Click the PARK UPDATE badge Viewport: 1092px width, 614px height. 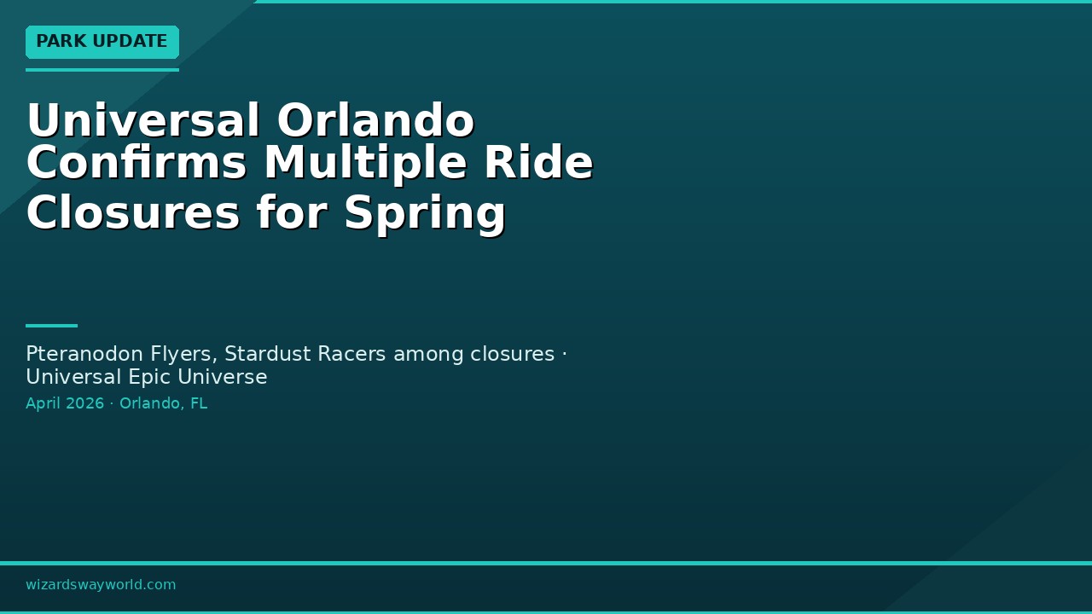102,42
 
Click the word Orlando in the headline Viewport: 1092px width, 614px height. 375,120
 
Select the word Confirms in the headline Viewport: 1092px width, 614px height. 136,162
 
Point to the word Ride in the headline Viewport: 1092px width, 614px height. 538,162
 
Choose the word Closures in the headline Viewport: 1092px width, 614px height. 133,212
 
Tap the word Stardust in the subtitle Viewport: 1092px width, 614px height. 267,354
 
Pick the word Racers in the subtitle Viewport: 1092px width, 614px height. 351,354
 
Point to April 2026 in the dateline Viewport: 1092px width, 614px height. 65,403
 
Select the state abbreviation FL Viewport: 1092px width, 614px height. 199,403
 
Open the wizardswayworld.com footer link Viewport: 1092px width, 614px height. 101,585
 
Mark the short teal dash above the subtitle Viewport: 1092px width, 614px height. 52,326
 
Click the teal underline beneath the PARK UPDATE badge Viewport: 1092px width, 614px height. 102,70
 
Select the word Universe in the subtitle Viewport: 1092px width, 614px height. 223,378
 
